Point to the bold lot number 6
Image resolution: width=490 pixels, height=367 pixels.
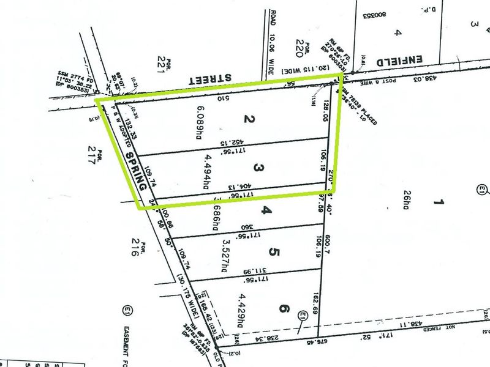coord(283,309)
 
